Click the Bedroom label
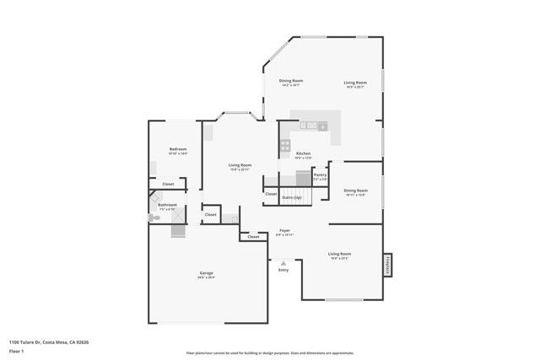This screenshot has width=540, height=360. tap(177, 148)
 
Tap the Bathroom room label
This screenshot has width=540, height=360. tap(166, 204)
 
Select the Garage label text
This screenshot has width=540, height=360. tap(206, 272)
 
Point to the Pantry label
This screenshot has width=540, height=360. tap(321, 175)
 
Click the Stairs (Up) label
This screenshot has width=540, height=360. tap(292, 196)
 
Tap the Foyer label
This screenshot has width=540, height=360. tap(285, 230)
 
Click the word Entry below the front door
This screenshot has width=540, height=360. tap(283, 270)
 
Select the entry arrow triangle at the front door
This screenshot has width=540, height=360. tap(283, 263)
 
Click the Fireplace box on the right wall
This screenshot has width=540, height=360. tap(389, 263)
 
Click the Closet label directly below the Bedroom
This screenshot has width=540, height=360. tap(168, 184)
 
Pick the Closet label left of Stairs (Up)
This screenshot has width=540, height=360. tap(270, 194)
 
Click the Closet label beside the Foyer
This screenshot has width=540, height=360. tap(253, 237)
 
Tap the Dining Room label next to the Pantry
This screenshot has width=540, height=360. tap(355, 191)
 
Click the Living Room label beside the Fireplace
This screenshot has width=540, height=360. tap(339, 254)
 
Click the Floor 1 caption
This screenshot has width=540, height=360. tap(16, 350)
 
